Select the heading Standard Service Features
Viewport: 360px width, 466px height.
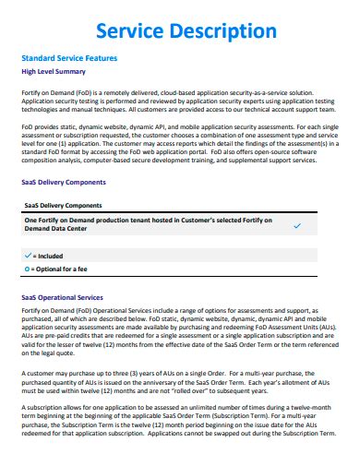(68, 57)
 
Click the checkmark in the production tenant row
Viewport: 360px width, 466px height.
(296, 225)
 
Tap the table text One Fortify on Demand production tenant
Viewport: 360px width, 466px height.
(102, 221)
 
